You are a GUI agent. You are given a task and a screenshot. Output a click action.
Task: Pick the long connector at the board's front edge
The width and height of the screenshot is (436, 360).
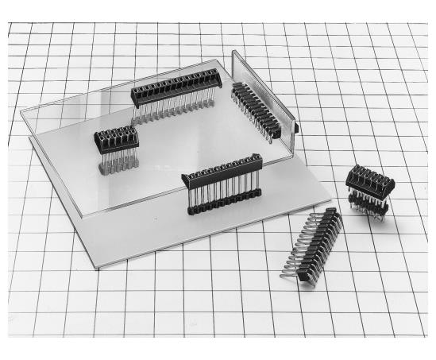click(222, 187)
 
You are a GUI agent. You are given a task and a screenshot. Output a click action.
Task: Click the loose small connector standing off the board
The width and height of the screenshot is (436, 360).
click(369, 191)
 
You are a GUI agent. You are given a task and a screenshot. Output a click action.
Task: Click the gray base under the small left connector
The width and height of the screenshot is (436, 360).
click(116, 168)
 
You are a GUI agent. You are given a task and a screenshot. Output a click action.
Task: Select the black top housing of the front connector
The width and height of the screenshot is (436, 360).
click(222, 169)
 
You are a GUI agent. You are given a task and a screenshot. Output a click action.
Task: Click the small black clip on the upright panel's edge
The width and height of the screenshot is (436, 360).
click(295, 126)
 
